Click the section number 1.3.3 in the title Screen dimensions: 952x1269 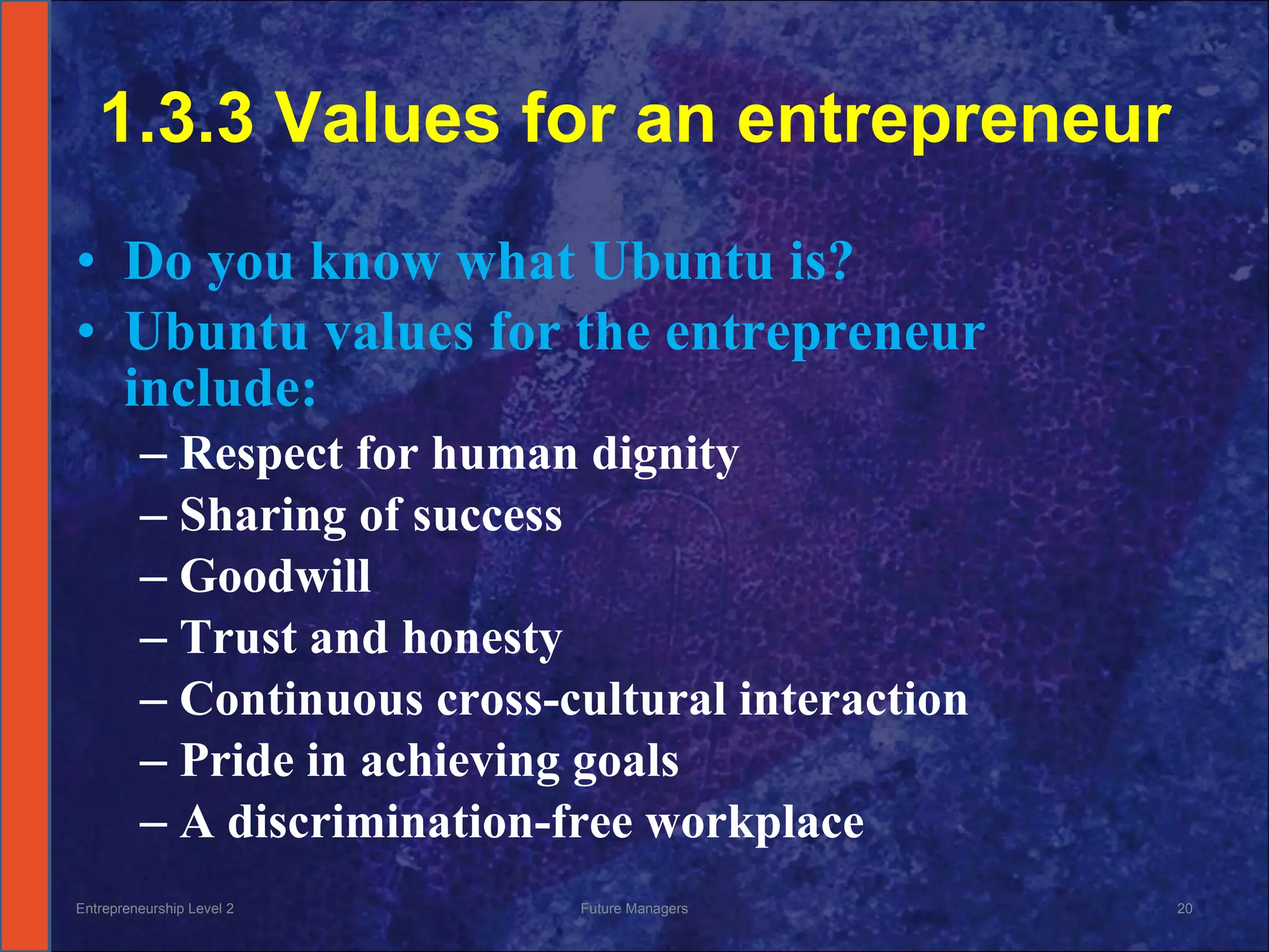(x=177, y=118)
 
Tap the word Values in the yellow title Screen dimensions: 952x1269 (x=387, y=118)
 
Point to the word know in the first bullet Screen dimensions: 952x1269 (x=375, y=262)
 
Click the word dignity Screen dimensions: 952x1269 (x=665, y=454)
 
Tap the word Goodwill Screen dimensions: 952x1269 (x=275, y=576)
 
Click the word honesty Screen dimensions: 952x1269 (x=482, y=638)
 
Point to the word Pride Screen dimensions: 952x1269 (x=237, y=760)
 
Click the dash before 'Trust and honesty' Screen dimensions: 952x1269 (x=153, y=639)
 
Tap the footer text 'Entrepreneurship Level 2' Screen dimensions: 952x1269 (x=155, y=909)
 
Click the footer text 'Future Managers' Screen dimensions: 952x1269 (x=634, y=909)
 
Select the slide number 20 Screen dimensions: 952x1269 (x=1184, y=909)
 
